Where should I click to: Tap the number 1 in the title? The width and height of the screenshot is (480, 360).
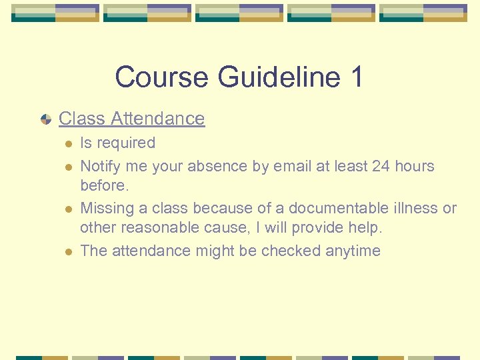point(356,77)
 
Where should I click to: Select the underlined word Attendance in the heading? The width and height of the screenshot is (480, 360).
point(158,119)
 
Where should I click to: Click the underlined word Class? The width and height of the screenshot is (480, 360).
point(82,119)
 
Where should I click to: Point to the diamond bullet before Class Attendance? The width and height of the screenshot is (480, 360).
point(45,119)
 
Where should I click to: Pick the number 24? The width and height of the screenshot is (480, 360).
point(381,166)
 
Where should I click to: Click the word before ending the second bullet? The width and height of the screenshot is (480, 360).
point(104,185)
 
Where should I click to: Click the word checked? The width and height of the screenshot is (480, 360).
point(291,251)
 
